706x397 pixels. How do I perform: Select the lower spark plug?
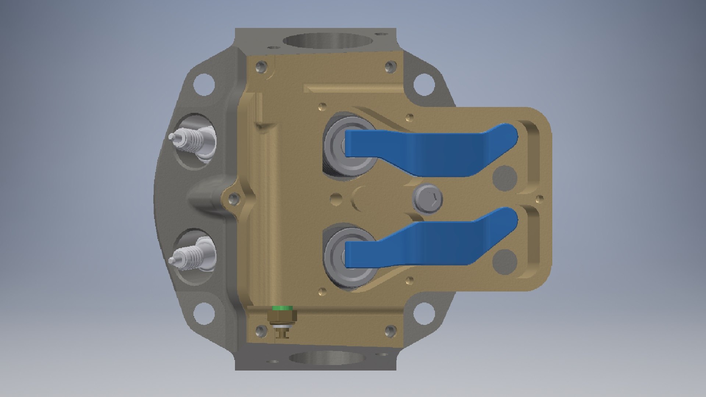[x=193, y=254]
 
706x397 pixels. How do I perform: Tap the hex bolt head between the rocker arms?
[x=428, y=198]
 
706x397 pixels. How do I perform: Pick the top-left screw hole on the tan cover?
[x=261, y=67]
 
